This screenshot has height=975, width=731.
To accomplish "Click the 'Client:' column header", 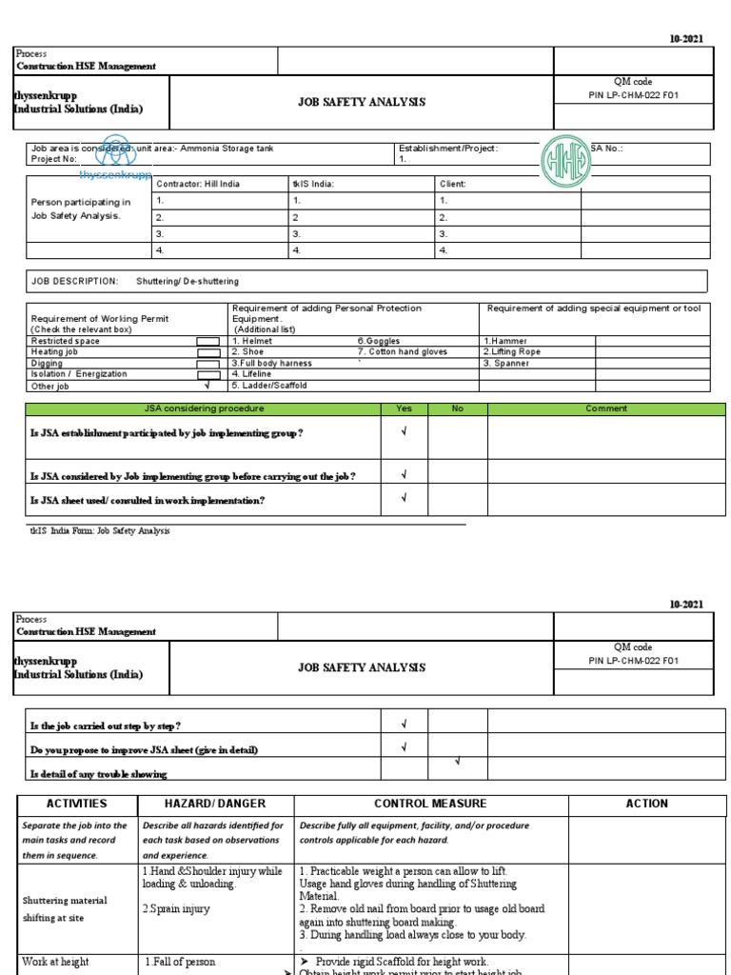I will (453, 184).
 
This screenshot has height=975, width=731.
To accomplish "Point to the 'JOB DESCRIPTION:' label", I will (75, 281).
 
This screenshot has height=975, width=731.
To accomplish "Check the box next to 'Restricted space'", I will (207, 341).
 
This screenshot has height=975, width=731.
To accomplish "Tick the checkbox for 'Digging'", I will (207, 363).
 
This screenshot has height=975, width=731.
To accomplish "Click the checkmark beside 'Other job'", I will (207, 386).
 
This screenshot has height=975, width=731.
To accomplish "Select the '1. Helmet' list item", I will (252, 341).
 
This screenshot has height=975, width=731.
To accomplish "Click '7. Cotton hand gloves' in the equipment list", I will (401, 351).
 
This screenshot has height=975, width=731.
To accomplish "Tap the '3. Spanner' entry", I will (505, 363).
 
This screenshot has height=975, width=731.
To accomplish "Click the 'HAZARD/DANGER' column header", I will (214, 804).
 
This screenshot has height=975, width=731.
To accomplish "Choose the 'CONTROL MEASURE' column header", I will (430, 804).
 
